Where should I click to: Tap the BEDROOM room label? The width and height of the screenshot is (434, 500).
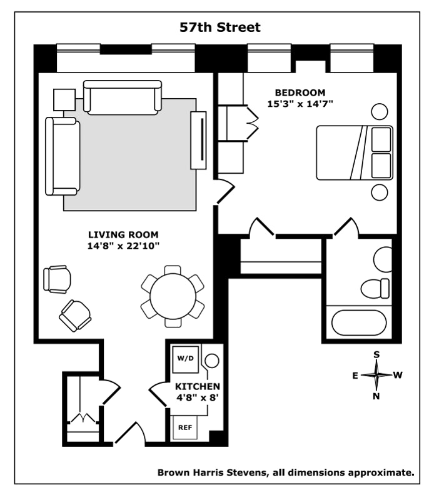click(300, 93)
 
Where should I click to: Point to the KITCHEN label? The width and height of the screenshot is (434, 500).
click(197, 386)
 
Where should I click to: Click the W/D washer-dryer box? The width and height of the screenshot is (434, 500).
click(185, 359)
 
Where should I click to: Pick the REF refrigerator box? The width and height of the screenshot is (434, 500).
click(185, 428)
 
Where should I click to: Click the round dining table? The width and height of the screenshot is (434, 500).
click(173, 296)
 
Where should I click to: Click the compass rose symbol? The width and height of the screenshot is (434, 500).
click(376, 375)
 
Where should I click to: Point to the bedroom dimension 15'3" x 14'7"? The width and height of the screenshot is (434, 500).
click(300, 104)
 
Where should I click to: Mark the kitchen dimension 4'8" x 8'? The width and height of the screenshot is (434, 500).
click(197, 397)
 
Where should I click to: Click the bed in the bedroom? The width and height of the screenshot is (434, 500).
click(354, 152)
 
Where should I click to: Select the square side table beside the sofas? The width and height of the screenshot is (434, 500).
click(64, 99)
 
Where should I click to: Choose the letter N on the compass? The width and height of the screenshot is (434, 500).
click(376, 396)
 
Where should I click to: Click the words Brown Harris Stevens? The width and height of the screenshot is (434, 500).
click(212, 472)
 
